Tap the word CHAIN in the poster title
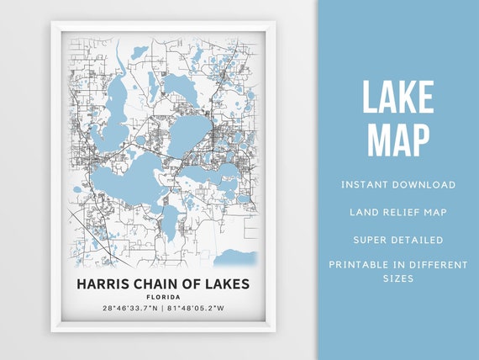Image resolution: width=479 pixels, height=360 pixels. (155, 283)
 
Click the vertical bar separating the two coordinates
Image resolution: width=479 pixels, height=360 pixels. (162, 309)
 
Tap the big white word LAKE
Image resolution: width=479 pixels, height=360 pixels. (397, 98)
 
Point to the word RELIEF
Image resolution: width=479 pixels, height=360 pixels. (399, 211)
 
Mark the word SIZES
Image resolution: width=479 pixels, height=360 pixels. (397, 278)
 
